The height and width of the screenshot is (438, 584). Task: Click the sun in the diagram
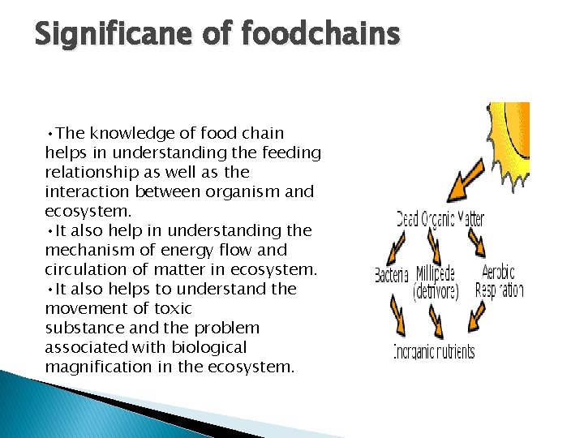tap(511, 142)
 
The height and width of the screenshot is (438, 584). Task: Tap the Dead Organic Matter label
tap(440, 218)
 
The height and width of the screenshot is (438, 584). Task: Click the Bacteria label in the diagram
tap(392, 275)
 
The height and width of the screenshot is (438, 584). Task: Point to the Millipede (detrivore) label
tap(436, 281)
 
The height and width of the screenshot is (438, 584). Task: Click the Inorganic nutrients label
tap(434, 352)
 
